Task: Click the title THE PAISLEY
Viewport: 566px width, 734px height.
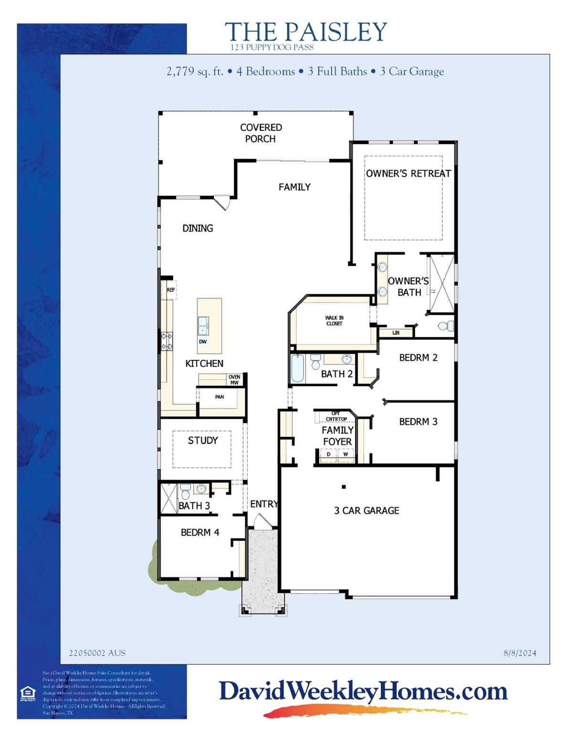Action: [305, 32]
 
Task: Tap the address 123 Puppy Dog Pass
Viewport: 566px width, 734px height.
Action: [272, 47]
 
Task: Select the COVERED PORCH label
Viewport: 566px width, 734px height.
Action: [261, 133]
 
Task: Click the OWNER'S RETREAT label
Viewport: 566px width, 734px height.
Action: [408, 173]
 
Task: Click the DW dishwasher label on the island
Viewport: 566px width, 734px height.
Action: [203, 342]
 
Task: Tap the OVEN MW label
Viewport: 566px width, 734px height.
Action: [234, 380]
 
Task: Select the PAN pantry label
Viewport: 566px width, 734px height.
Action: [220, 397]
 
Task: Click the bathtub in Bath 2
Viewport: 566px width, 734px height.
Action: [297, 368]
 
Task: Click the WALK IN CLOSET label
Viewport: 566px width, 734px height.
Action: [334, 321]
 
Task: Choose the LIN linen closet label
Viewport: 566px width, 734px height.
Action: [396, 333]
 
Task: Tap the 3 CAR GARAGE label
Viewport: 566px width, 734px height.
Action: [367, 510]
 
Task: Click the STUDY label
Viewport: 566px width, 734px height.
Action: [203, 440]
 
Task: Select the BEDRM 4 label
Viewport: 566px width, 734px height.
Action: [200, 532]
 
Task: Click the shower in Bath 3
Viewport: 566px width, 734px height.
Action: [168, 498]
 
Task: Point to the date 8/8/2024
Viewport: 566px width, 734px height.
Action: [520, 653]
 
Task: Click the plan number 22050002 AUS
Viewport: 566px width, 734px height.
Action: [97, 653]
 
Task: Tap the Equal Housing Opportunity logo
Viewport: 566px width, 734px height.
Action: [28, 693]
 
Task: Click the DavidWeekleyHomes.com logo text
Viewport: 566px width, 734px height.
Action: [363, 691]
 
